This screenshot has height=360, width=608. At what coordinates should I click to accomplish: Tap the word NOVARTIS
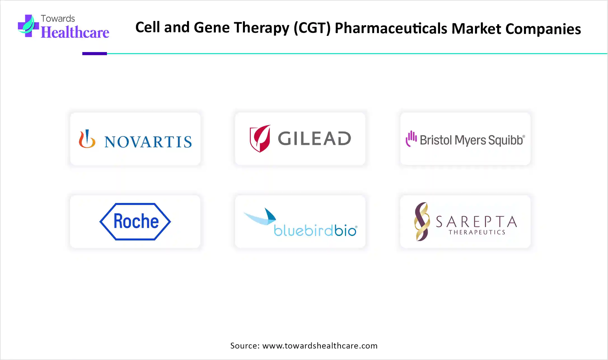(148, 142)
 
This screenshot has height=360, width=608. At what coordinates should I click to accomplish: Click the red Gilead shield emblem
(260, 139)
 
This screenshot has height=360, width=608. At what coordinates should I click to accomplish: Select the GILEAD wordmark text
(314, 139)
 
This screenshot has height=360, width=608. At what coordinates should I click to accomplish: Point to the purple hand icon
(411, 139)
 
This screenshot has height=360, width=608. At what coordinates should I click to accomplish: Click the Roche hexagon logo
(135, 221)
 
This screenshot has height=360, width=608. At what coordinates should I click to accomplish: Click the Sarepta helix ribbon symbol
(422, 221)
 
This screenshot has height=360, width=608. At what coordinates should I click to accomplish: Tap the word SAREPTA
(476, 222)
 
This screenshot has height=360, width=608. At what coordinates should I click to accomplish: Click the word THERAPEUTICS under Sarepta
(477, 232)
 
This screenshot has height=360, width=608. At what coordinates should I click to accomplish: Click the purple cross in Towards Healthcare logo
(28, 26)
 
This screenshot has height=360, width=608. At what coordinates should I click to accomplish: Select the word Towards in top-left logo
(58, 18)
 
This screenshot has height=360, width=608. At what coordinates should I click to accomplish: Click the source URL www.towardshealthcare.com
(320, 346)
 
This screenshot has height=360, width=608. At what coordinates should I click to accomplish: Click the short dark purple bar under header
(95, 53)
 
